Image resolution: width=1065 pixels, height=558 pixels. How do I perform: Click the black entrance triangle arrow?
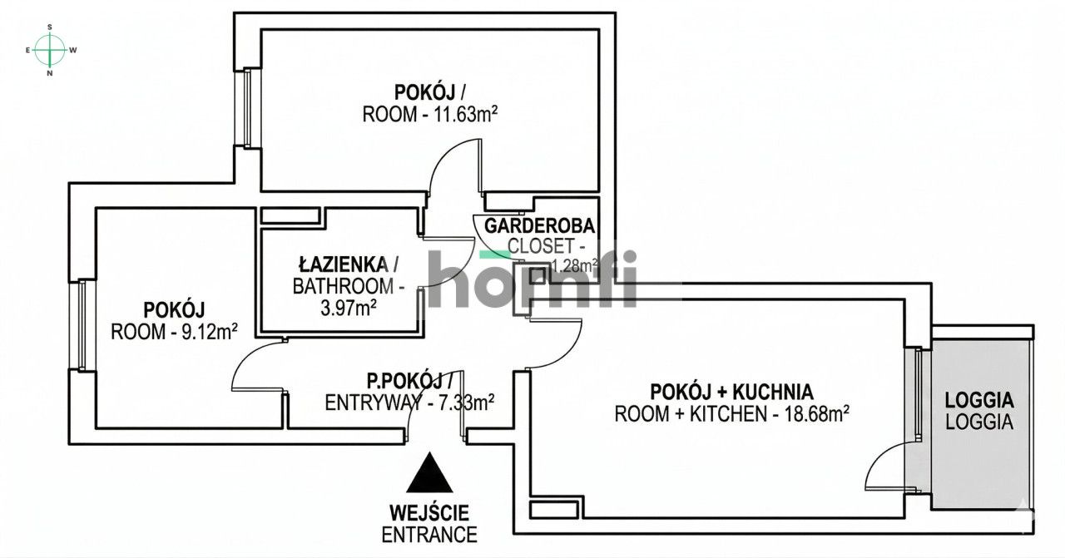point(430,474)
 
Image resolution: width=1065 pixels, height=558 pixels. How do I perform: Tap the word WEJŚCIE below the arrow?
point(429,512)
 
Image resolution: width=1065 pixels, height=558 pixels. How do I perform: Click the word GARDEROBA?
point(539,225)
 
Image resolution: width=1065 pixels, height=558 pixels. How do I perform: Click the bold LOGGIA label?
point(979,399)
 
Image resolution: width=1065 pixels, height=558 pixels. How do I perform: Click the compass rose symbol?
point(51,50)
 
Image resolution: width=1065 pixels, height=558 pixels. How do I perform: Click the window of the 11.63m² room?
point(246,108)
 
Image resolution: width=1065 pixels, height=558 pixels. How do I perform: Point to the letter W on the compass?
point(73,50)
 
